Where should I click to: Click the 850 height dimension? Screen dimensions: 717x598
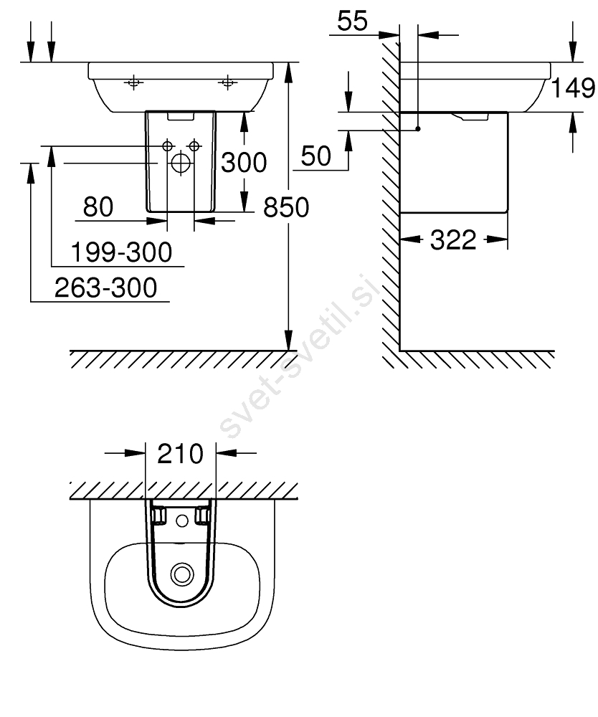click(286, 207)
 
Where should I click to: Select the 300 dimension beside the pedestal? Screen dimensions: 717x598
click(243, 163)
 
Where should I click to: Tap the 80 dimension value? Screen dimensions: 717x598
click(98, 207)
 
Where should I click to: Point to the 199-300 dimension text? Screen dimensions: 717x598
click(122, 252)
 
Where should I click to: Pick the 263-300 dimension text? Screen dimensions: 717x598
click(106, 288)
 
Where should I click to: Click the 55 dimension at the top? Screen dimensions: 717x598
click(352, 22)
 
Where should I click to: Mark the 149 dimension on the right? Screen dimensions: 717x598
click(574, 88)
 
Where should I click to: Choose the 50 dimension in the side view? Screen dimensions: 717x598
click(316, 156)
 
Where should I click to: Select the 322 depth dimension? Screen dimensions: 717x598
click(453, 240)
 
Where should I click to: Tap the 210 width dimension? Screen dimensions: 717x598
click(180, 454)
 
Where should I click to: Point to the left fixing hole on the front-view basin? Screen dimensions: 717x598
click(133, 82)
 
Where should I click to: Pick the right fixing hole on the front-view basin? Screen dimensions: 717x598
click(228, 82)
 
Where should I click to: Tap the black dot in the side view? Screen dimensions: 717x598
click(417, 130)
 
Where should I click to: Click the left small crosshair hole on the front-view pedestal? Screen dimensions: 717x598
click(168, 146)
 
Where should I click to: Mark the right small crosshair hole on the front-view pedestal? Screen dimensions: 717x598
click(193, 146)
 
